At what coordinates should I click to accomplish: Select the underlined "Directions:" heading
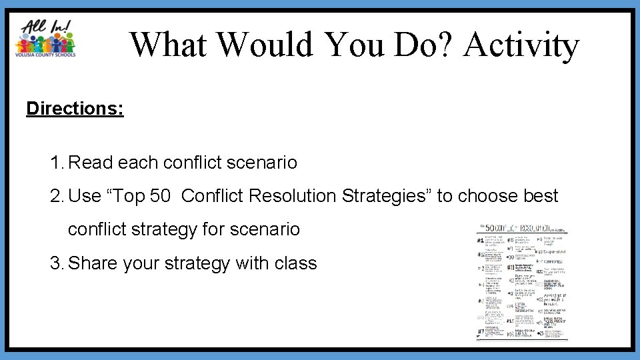pos(75,108)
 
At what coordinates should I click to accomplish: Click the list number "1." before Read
pos(57,163)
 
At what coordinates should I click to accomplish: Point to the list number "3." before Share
pos(57,263)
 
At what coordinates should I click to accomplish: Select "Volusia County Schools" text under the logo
pos(45,55)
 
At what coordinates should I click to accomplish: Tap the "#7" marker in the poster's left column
pos(480,331)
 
